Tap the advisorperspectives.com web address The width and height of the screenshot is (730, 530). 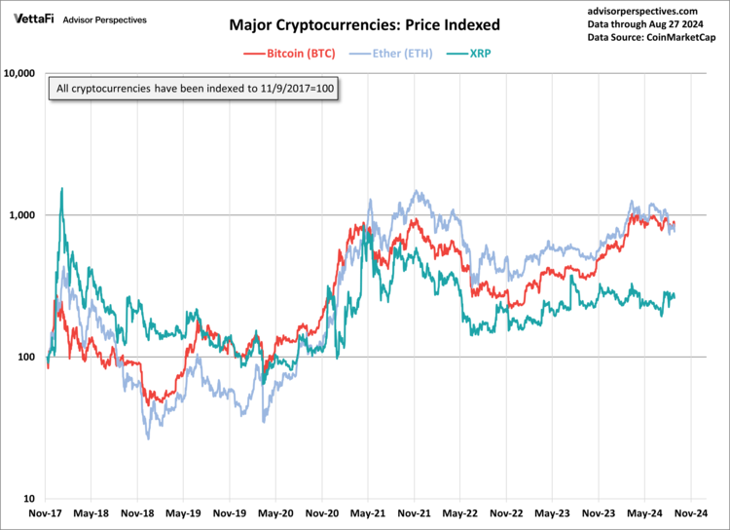(643, 10)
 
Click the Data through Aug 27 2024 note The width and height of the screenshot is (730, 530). (643, 23)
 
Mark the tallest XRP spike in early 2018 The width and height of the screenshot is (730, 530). (62, 189)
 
